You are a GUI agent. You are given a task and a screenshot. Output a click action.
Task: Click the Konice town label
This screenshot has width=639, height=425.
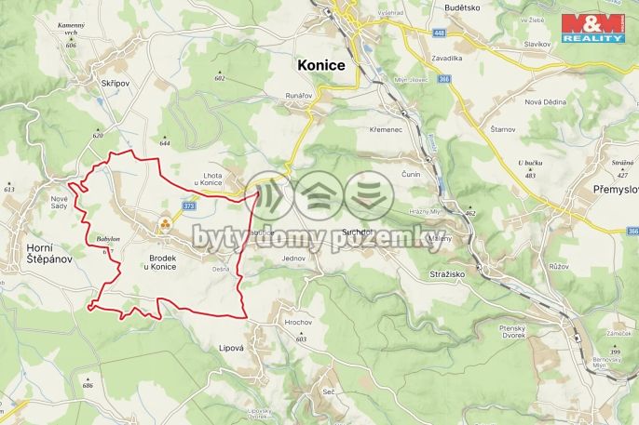(320, 66)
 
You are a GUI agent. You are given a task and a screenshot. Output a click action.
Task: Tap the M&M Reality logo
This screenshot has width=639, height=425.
(591, 28)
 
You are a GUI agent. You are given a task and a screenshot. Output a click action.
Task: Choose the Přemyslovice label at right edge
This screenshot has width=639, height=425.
(615, 189)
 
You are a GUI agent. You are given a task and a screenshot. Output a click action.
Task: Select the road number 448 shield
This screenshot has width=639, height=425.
(440, 33)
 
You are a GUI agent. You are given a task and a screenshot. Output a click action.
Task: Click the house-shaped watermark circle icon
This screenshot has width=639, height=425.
(319, 195)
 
